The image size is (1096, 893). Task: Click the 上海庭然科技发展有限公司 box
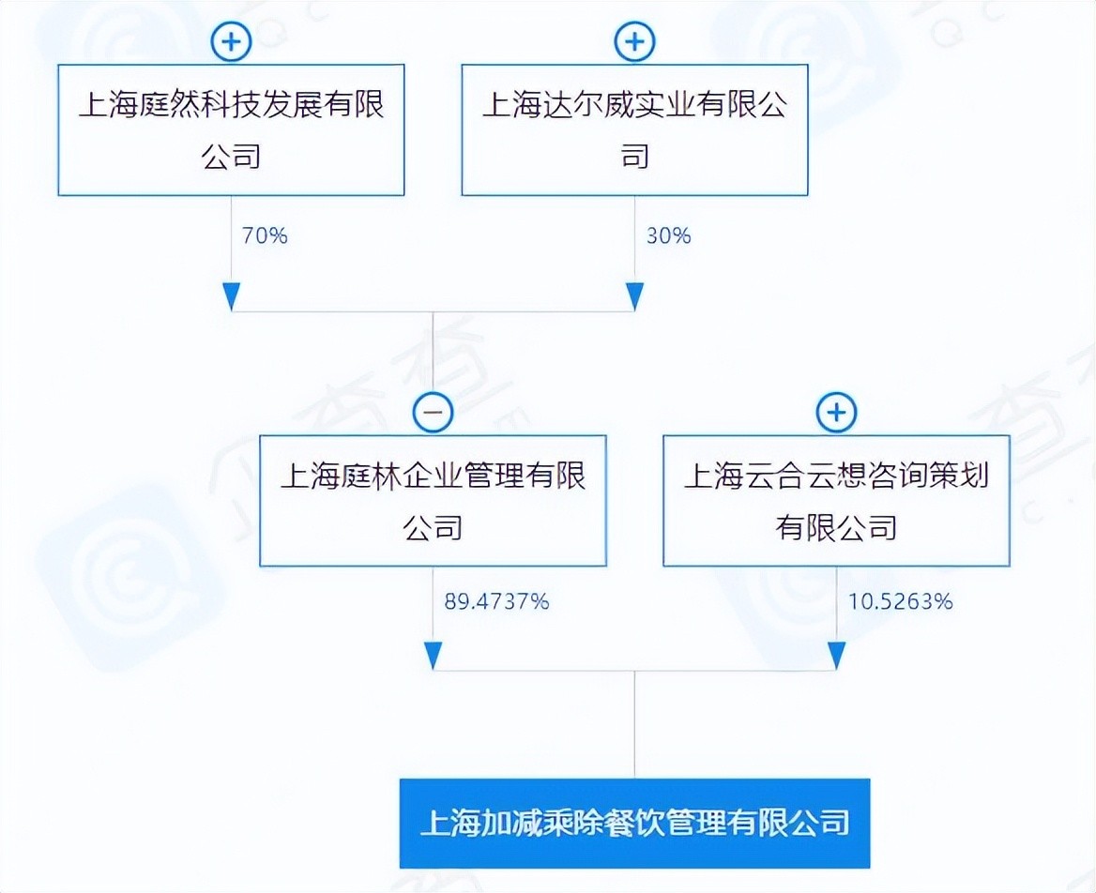coord(231,129)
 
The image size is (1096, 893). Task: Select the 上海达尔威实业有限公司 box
coord(634,129)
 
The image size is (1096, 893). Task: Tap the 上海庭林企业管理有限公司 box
coord(433,501)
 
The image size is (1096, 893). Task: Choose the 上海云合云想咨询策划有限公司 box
coord(836,501)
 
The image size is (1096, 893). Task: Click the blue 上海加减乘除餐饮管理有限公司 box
coord(634,823)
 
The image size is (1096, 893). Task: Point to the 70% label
coord(265,235)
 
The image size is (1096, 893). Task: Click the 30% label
coord(668,235)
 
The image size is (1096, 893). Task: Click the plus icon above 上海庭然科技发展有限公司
coord(231,42)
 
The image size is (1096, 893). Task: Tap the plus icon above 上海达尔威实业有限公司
coord(634,42)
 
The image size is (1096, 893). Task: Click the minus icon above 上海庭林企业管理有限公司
coord(433,412)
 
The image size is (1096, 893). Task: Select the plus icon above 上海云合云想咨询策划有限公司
coord(836,412)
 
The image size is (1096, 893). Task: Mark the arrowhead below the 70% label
coord(231,295)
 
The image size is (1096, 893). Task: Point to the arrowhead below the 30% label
coord(634,295)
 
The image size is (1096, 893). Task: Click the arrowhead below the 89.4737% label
coord(433,655)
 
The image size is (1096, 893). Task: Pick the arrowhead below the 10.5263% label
coord(836,655)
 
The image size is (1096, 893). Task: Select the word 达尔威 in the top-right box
coord(603,104)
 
